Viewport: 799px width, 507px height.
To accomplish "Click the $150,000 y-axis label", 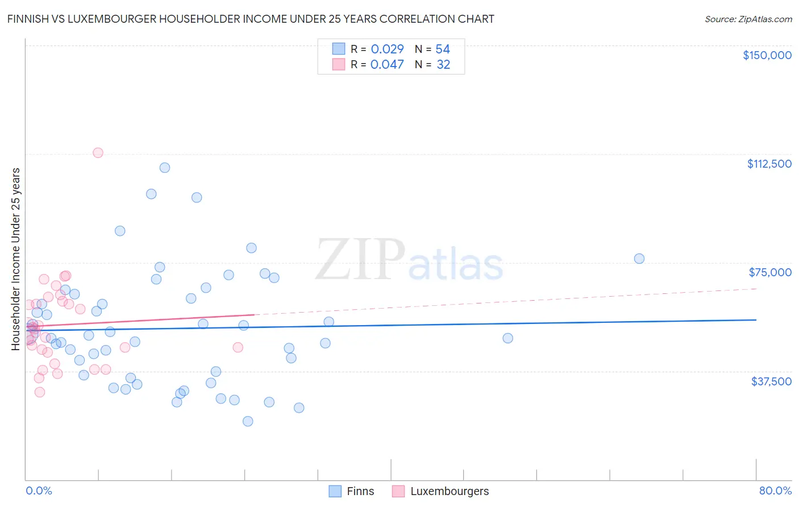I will pos(767,55).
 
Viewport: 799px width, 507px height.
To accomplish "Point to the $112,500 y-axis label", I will pos(769,164).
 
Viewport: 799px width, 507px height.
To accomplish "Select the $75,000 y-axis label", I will pos(770,272).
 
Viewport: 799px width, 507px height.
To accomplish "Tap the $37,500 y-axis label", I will pos(771,381).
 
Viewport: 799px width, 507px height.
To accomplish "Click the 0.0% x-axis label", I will pos(39,491).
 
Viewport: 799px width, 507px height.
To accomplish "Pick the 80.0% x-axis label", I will pos(775,491).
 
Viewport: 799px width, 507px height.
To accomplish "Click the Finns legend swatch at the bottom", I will pos(335,491).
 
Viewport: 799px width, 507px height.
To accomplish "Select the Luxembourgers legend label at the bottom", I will pos(450,491).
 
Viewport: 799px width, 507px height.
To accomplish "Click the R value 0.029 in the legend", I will pos(387,49).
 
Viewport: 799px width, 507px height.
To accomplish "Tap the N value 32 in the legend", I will pos(443,65).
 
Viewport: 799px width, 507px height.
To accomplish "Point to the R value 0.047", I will pos(387,65).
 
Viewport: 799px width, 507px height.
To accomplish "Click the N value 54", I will pos(443,49).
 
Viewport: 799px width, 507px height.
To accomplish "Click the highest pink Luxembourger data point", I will pos(98,153).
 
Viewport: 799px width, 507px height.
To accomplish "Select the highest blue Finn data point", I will pos(165,168).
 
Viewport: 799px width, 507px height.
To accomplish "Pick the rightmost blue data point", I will pos(639,259).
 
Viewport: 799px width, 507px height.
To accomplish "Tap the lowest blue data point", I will pos(248,421).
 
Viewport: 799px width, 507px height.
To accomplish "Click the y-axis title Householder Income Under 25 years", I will pos(16,259).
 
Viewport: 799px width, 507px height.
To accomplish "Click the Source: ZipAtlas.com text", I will pos(748,19).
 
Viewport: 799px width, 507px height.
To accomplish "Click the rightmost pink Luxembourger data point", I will pos(238,347).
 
